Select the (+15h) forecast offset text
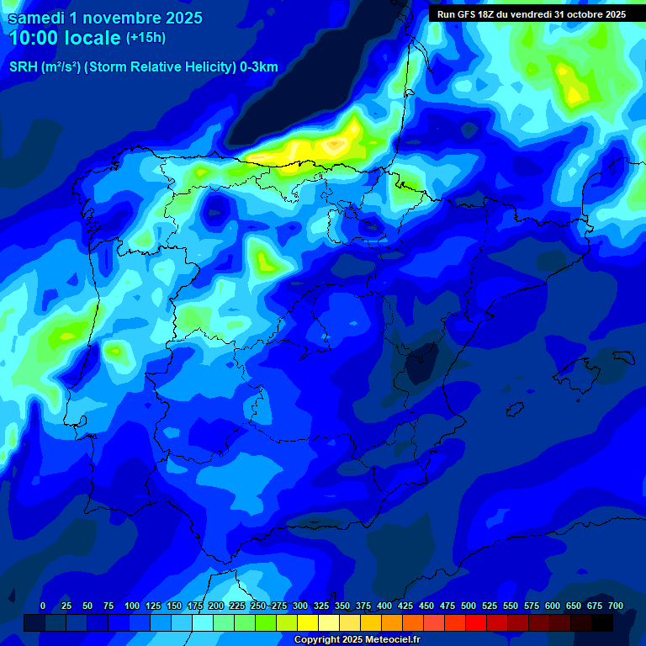click(146, 38)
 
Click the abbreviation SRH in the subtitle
click(24, 67)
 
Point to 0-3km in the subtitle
click(259, 67)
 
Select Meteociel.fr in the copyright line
click(386, 640)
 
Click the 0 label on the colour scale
click(43, 606)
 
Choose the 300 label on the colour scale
click(299, 606)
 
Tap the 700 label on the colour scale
click(615, 606)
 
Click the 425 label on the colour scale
click(405, 606)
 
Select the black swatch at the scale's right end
click(602, 622)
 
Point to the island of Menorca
click(624, 357)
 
